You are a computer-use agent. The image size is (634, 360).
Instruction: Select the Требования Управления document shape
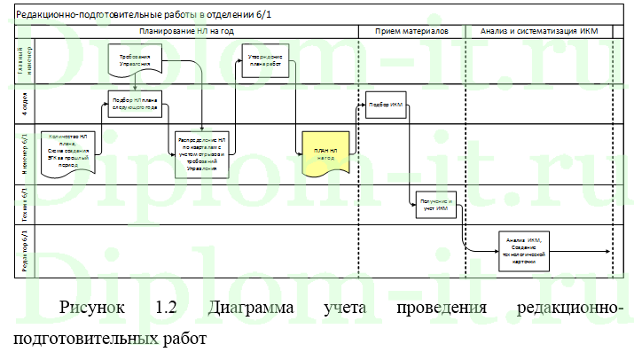[x=136, y=59]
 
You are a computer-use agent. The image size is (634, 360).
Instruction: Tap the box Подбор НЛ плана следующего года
[x=136, y=104]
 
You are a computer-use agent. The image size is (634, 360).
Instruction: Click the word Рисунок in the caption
[x=90, y=309]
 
